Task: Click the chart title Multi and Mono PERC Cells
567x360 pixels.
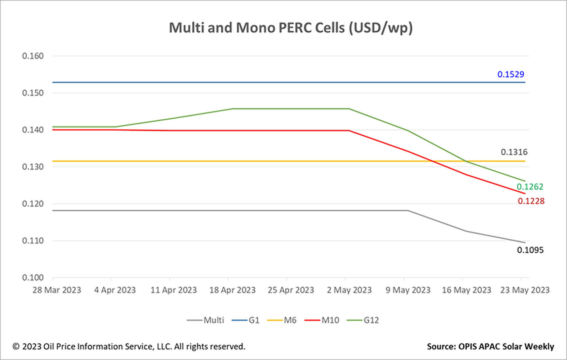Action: [x=291, y=28]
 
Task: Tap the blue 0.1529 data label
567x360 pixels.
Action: [x=511, y=75]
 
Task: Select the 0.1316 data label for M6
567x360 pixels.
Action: [x=514, y=152]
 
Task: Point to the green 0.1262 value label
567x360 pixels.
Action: [x=530, y=187]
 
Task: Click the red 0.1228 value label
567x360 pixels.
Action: [x=531, y=201]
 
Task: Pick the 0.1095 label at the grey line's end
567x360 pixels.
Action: [x=530, y=250]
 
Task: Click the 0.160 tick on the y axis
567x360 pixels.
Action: [x=33, y=56]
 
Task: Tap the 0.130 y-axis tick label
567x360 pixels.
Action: [x=33, y=167]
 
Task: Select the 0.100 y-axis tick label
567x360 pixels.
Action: [x=33, y=277]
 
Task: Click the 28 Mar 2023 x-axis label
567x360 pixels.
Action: [x=56, y=290]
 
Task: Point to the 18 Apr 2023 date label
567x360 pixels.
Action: [x=232, y=290]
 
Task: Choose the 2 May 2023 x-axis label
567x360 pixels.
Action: [x=349, y=290]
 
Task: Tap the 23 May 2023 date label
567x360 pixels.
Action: [x=525, y=290]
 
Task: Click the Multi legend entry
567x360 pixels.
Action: [x=206, y=320]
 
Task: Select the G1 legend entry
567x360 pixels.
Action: [x=246, y=320]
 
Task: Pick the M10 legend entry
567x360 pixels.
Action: [x=322, y=320]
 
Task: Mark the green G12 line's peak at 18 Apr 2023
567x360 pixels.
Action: [x=232, y=109]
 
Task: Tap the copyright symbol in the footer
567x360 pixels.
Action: [x=16, y=347]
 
